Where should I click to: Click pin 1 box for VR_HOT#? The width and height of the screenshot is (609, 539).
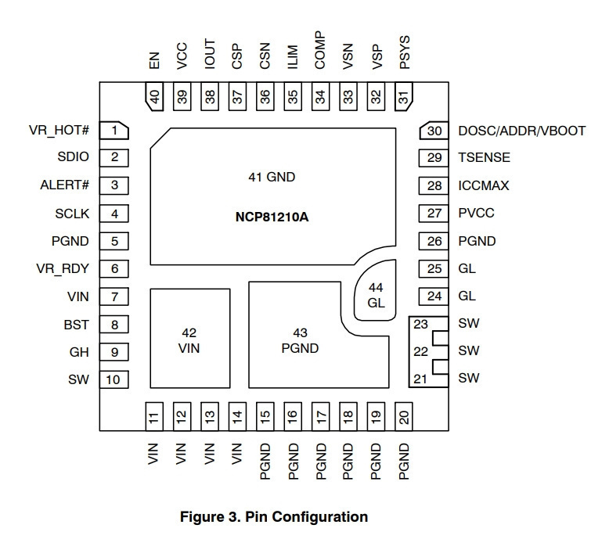pyautogui.click(x=114, y=131)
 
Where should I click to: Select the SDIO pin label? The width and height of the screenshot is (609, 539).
pyautogui.click(x=73, y=156)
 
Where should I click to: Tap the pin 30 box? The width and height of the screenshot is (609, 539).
pyautogui.click(x=434, y=131)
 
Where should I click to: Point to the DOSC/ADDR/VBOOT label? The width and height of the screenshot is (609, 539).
pyautogui.click(x=521, y=131)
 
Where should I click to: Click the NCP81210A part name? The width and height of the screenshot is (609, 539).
pyautogui.click(x=272, y=217)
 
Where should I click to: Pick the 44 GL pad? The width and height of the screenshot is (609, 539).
pyautogui.click(x=375, y=290)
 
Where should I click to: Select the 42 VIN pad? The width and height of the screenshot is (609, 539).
pyautogui.click(x=190, y=338)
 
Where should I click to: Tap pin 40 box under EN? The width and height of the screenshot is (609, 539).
pyautogui.click(x=154, y=96)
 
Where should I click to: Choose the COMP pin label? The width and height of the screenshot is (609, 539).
pyautogui.click(x=320, y=50)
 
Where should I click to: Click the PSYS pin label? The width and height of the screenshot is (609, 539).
pyautogui.click(x=405, y=52)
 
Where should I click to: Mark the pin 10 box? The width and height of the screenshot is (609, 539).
pyautogui.click(x=114, y=379)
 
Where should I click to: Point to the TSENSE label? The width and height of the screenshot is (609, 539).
pyautogui.click(x=484, y=157)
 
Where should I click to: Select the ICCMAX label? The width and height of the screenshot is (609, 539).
pyautogui.click(x=484, y=185)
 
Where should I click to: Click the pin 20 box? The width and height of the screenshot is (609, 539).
pyautogui.click(x=404, y=417)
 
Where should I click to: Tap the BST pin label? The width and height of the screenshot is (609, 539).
pyautogui.click(x=76, y=325)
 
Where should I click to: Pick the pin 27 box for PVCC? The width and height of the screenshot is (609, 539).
pyautogui.click(x=434, y=213)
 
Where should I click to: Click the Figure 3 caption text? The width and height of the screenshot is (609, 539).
pyautogui.click(x=274, y=517)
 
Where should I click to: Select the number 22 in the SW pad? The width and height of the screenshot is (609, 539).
pyautogui.click(x=420, y=351)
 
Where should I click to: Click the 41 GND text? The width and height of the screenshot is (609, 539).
pyautogui.click(x=272, y=177)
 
